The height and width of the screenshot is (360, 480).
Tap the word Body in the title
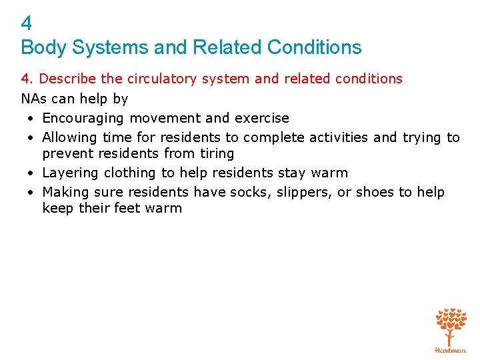click(x=39, y=47)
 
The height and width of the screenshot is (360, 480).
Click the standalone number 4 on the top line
click(x=26, y=24)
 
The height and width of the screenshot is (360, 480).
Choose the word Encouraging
click(x=83, y=119)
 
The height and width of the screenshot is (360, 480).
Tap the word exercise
click(x=261, y=119)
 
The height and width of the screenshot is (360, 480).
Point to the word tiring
click(x=217, y=153)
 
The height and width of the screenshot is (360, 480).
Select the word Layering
click(x=67, y=173)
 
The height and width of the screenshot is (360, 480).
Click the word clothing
click(x=131, y=173)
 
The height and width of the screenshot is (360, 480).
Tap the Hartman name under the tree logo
click(x=451, y=349)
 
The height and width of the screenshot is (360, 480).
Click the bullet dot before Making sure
click(x=31, y=193)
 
